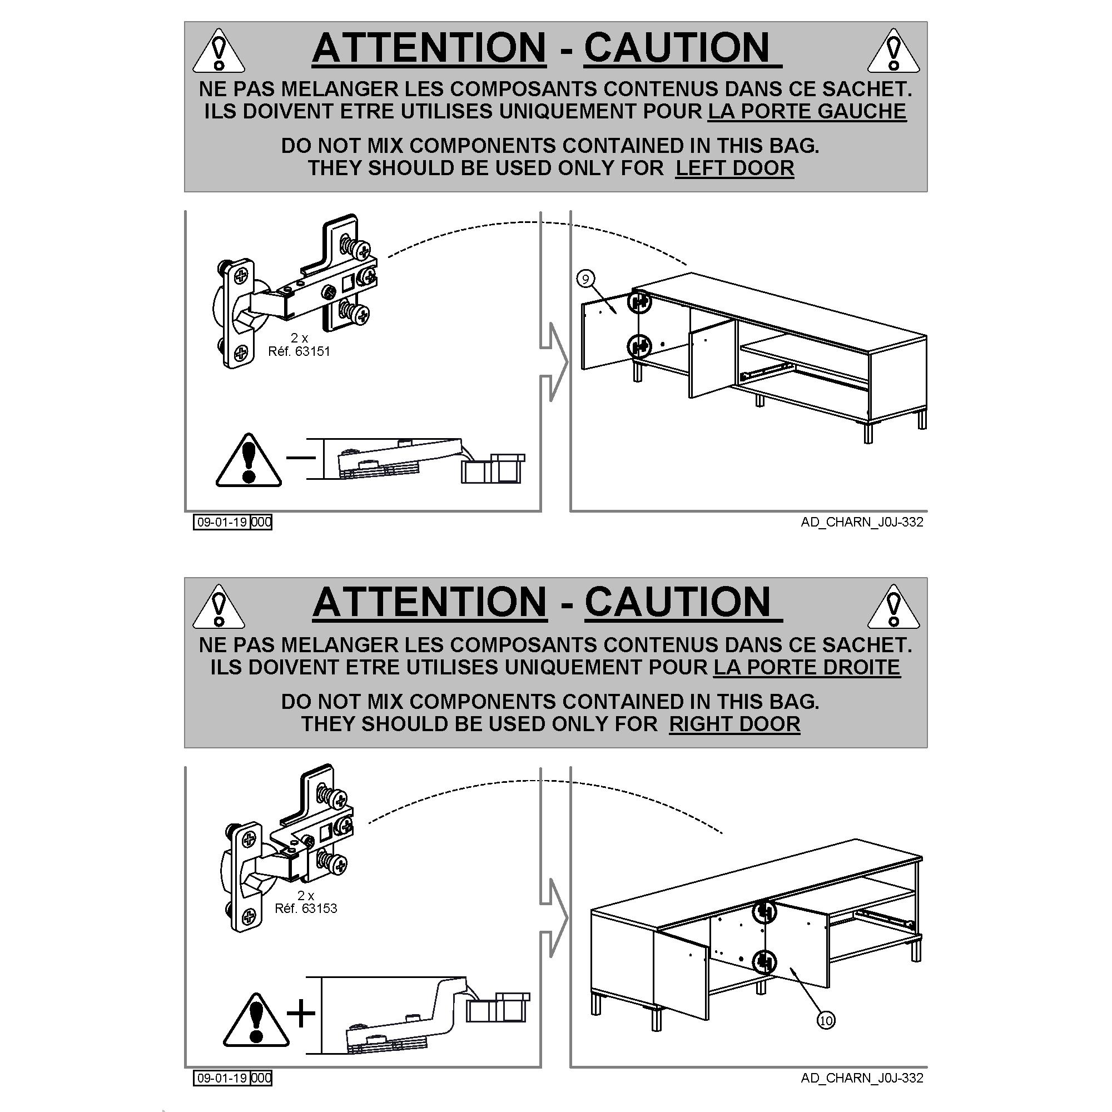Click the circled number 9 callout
pyautogui.click(x=585, y=279)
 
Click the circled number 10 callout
pyautogui.click(x=826, y=1020)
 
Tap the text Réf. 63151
pyautogui.click(x=299, y=351)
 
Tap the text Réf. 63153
pyautogui.click(x=306, y=909)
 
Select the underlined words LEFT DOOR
pyautogui.click(x=735, y=168)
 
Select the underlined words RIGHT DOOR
pyautogui.click(x=734, y=724)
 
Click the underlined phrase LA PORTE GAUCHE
pyautogui.click(x=807, y=111)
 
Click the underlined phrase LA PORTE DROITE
pyautogui.click(x=807, y=667)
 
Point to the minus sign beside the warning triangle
pyautogui.click(x=301, y=458)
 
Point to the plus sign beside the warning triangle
pyautogui.click(x=301, y=1013)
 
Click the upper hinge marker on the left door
pyautogui.click(x=638, y=301)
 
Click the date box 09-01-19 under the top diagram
pyautogui.click(x=222, y=522)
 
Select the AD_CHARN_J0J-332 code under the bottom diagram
pyautogui.click(x=862, y=1078)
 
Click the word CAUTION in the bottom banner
pyautogui.click(x=677, y=603)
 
